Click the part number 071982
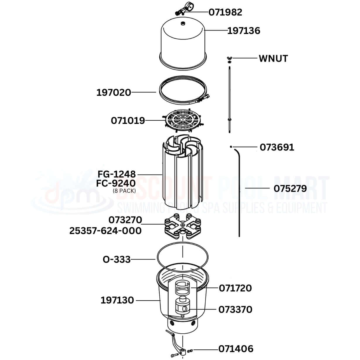225,12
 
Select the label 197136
244,31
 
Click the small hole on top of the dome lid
183,23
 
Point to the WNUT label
273,59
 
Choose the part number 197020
114,93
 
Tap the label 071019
128,121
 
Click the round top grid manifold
183,120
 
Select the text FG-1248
117,174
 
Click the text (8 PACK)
124,191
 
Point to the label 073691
277,147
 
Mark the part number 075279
290,189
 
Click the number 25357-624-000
105,231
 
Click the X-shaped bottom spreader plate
183,226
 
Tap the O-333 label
117,260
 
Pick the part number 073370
236,310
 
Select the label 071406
236,349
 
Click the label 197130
117,300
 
